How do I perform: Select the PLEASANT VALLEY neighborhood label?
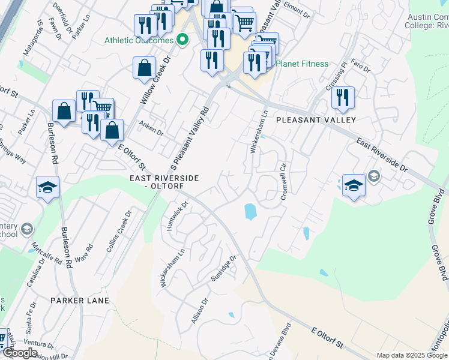coord(316,120)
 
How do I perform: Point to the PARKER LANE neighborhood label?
coord(80,300)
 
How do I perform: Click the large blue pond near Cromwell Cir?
coord(249,211)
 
